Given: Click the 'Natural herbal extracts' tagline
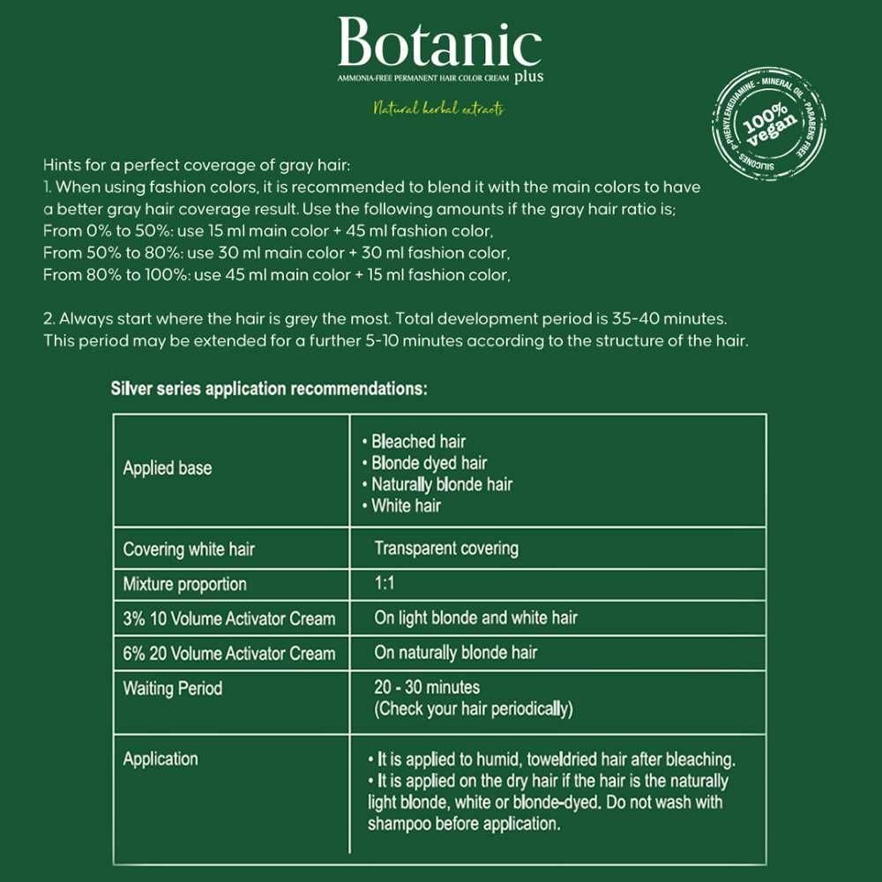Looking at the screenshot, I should pos(438,109).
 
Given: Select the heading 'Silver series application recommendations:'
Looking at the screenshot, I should pos(269,389).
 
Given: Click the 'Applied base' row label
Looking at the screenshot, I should pos(168,467).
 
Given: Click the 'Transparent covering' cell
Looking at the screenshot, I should pos(446,549).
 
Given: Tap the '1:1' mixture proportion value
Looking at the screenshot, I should pos(385,584).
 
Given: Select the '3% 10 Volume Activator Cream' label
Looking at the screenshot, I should pos(229,619).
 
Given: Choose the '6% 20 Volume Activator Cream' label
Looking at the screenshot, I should pos(229,654).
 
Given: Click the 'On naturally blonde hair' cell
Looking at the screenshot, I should pos(455,653).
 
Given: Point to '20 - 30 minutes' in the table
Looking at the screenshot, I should pos(427,687).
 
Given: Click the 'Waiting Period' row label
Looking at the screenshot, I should pos(173,688).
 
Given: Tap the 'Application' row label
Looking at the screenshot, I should pos(161,759).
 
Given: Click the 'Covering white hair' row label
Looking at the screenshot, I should pos(189,549).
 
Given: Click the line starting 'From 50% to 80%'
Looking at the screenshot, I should pos(276,253).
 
